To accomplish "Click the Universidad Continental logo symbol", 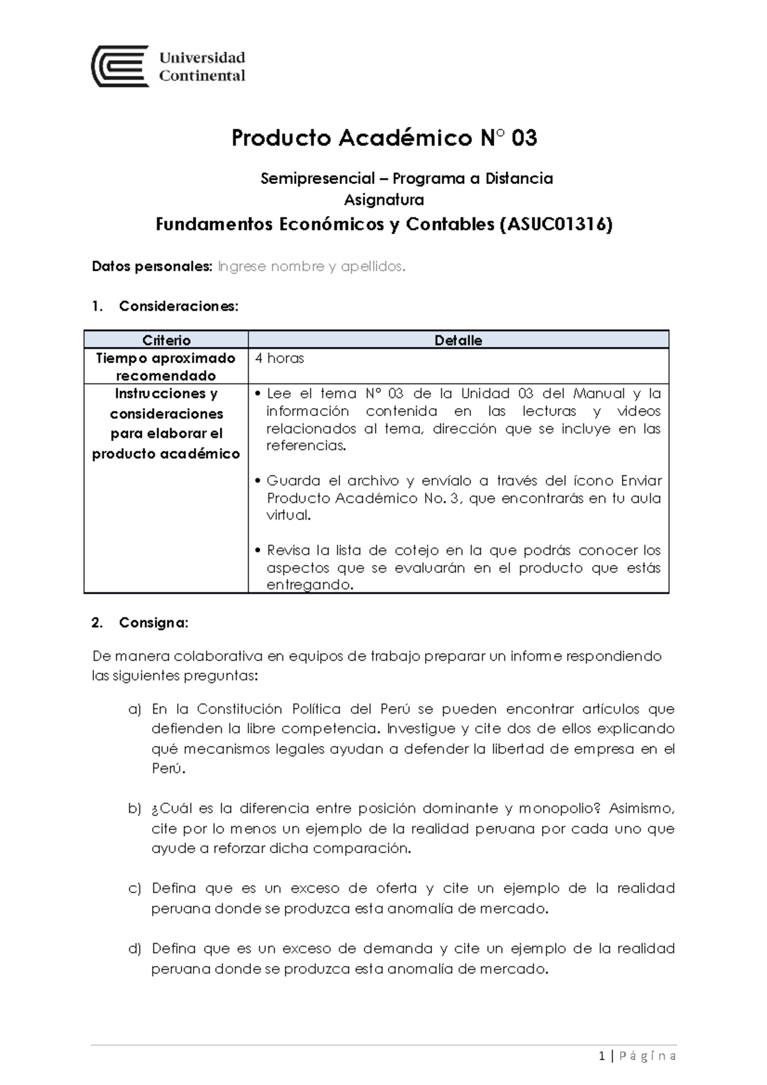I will tap(120, 66).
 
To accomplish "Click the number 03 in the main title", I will tap(523, 138).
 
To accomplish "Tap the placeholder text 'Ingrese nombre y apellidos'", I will tap(311, 266).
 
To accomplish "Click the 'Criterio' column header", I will tap(166, 340).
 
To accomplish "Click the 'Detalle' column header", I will tap(458, 340).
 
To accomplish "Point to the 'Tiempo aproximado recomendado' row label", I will tap(166, 367).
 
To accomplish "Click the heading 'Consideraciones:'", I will tap(178, 306).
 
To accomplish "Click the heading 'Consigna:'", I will tap(153, 623).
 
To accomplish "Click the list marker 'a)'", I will tap(134, 709).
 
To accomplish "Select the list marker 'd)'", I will tap(134, 948).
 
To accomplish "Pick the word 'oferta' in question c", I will tap(396, 888).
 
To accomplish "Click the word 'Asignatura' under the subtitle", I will tap(384, 200).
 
